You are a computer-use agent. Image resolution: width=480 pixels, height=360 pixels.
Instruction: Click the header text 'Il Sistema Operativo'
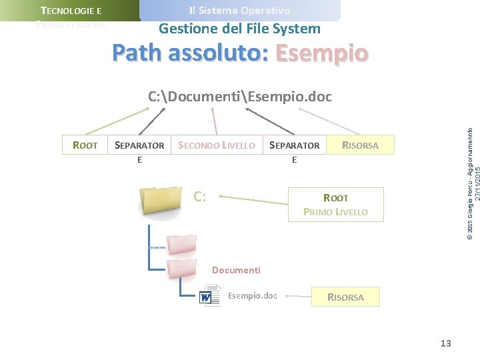(239, 11)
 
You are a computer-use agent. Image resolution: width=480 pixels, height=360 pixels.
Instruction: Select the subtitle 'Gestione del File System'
(239, 29)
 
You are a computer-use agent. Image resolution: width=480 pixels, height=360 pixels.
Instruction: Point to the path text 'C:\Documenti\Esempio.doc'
(239, 97)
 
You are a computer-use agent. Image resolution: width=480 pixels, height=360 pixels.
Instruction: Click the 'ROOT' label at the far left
(85, 145)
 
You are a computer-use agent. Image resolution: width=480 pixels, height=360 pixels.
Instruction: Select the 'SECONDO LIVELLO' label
(217, 145)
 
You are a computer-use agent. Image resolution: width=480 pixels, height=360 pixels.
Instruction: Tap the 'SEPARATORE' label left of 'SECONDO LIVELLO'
(139, 151)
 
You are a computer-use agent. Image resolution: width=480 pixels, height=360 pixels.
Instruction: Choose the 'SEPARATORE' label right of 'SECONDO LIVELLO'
(294, 151)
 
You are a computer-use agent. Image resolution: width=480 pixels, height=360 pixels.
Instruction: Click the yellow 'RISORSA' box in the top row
(360, 145)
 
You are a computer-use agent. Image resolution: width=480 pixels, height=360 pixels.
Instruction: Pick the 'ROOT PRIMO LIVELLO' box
(335, 205)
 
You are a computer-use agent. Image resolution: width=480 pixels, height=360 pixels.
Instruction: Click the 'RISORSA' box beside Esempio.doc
(345, 297)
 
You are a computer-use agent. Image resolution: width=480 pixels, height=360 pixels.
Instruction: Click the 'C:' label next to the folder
(199, 197)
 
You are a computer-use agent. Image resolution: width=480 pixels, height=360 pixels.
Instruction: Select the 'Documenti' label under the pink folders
(236, 270)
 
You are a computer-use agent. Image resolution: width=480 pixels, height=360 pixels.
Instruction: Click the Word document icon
(209, 295)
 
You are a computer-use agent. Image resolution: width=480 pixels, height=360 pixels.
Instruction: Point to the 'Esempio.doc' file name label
(252, 295)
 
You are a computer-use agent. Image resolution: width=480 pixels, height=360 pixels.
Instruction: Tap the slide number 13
(445, 343)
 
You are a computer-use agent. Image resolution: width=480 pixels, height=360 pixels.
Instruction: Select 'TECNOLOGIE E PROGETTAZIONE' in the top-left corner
(71, 17)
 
